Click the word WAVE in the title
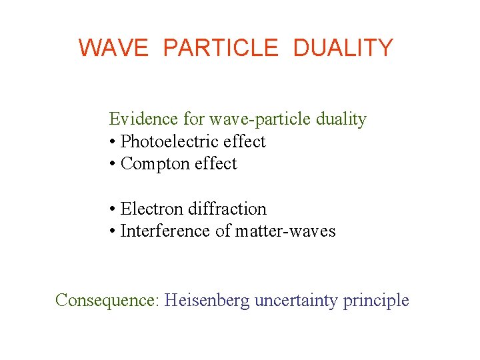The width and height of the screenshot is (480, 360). (x=113, y=48)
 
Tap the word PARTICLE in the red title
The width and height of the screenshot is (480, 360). (x=220, y=48)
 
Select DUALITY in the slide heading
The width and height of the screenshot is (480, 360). (x=343, y=48)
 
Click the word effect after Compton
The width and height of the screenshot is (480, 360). (x=215, y=164)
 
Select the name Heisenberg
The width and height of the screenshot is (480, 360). (x=207, y=301)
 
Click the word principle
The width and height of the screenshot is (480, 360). (x=376, y=301)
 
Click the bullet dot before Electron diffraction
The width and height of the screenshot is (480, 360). (x=112, y=210)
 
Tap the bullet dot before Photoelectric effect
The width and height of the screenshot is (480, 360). (x=112, y=143)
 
